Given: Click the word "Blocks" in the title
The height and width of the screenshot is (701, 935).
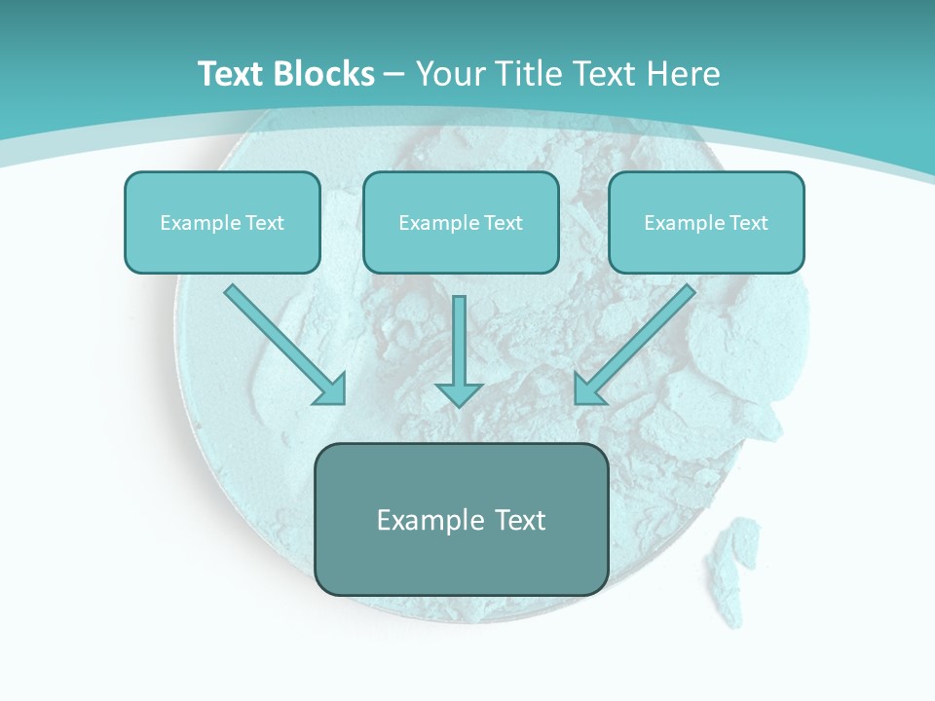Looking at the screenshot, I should [325, 74].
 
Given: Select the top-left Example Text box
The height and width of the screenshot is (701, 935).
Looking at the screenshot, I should [222, 222].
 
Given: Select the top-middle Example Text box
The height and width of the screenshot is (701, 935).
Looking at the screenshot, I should [461, 222].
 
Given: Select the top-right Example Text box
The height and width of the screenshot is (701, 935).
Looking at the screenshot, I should [706, 222].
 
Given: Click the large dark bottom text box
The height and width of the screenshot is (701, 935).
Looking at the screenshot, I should [462, 519].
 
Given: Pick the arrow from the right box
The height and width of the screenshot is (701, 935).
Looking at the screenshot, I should [638, 341].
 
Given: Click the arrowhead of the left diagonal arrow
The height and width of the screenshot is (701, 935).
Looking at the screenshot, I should [331, 389].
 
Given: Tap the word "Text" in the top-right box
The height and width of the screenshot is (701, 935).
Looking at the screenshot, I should [748, 223].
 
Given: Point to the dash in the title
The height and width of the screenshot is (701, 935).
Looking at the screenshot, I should [394, 74].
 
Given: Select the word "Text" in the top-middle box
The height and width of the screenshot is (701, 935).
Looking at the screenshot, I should [503, 223].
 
